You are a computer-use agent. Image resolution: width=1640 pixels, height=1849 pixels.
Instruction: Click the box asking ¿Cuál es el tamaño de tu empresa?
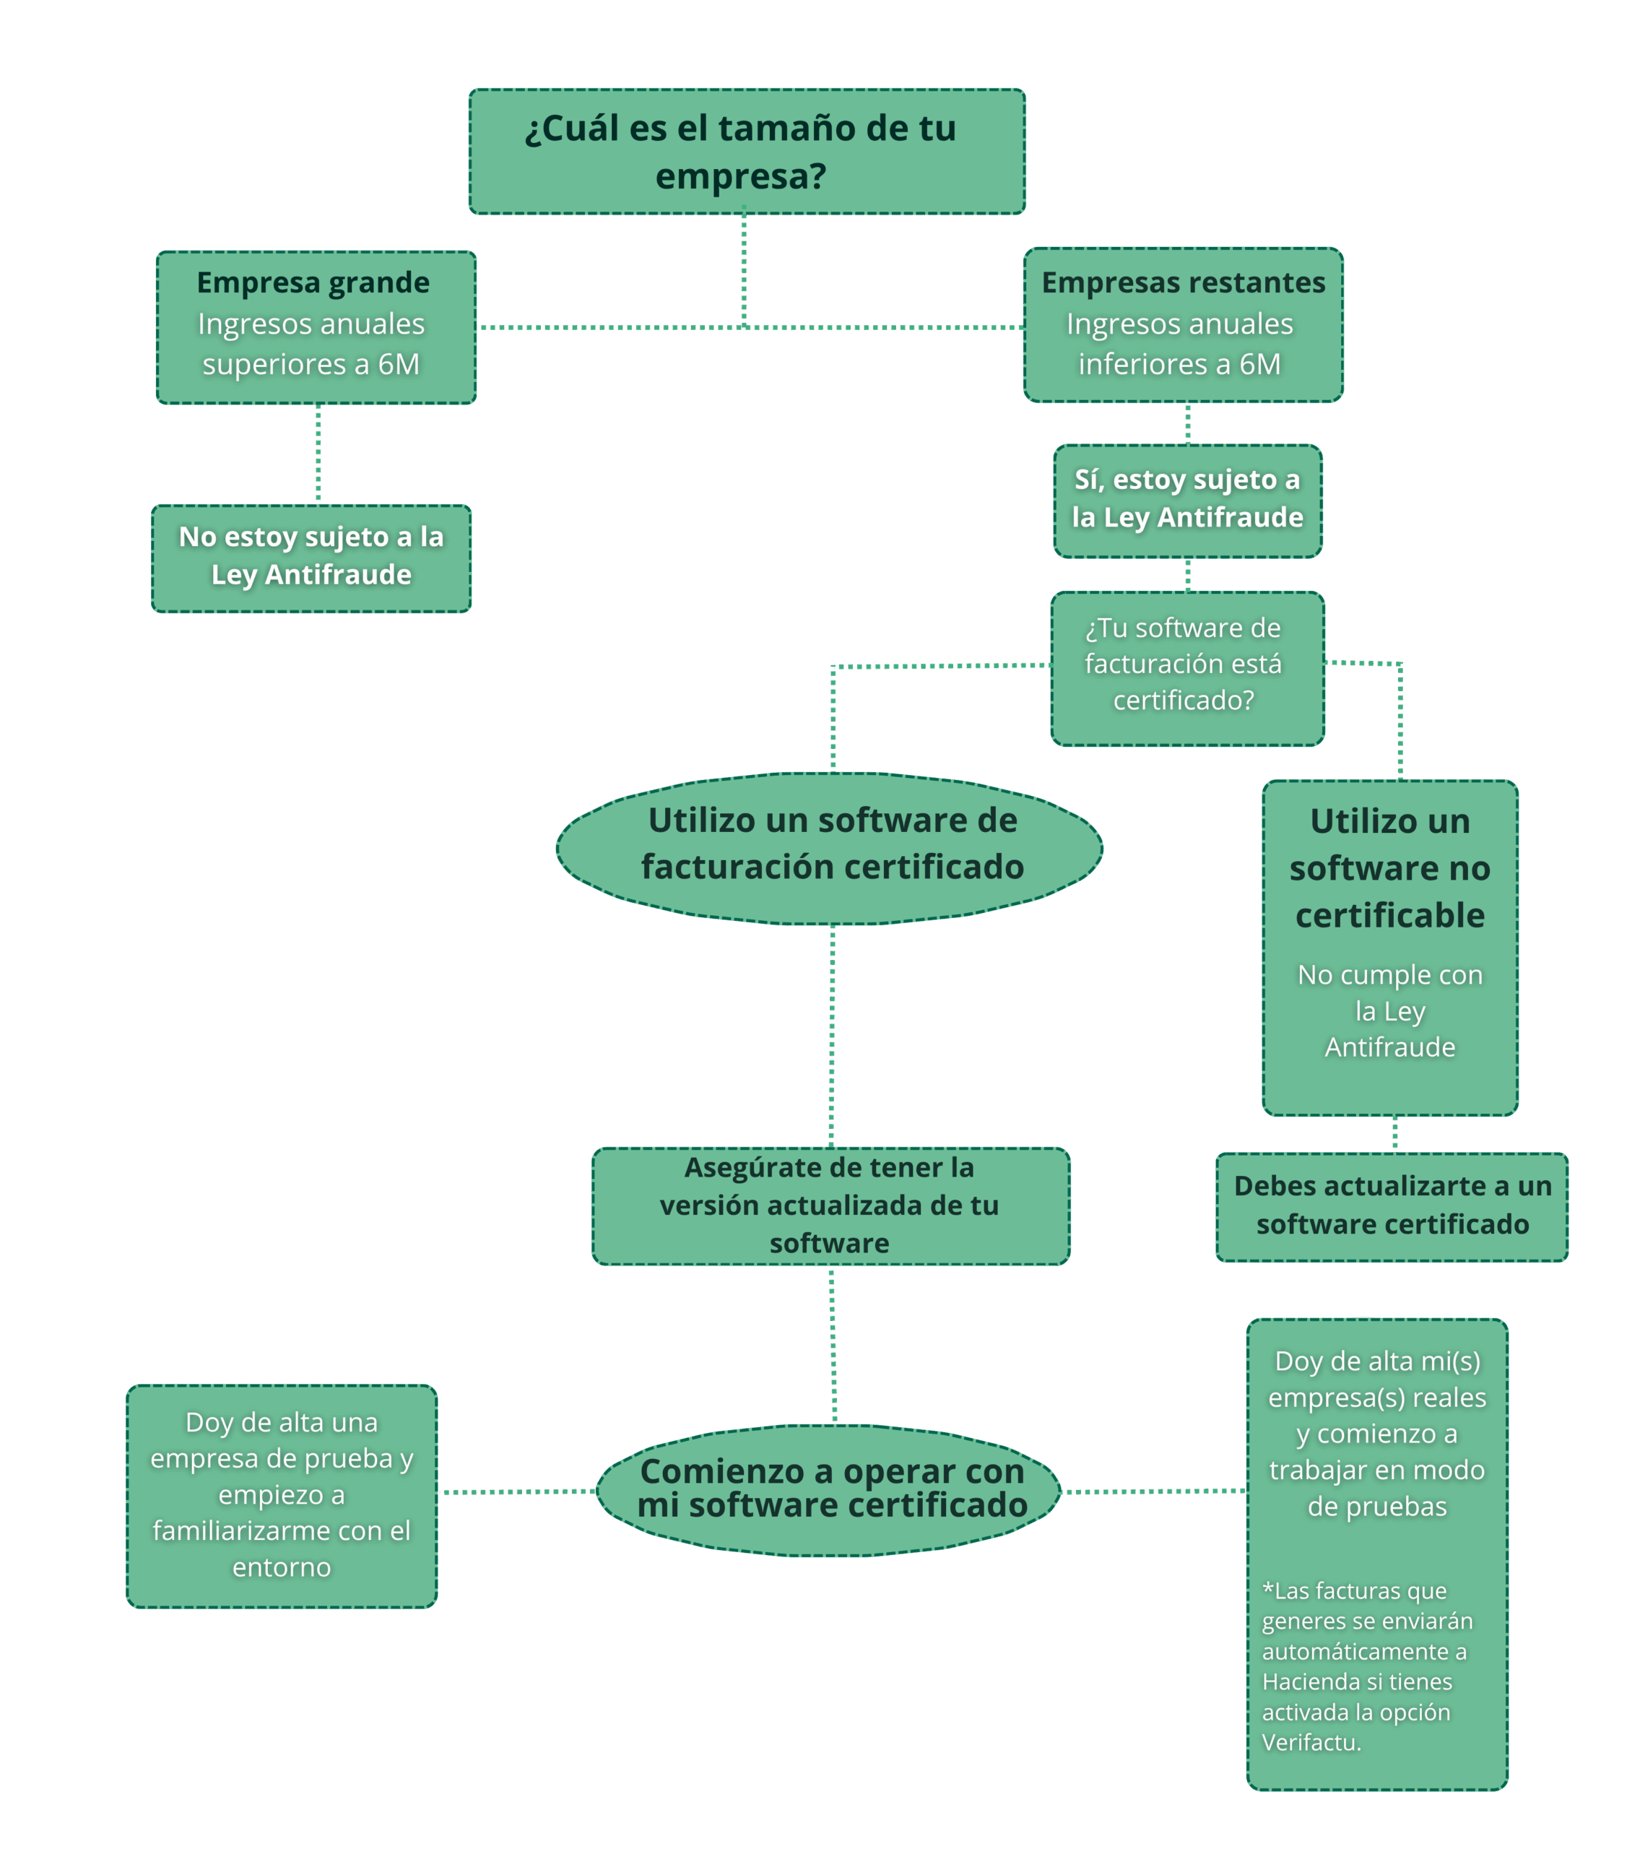tap(746, 151)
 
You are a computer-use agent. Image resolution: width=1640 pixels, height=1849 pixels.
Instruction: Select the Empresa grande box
tap(316, 326)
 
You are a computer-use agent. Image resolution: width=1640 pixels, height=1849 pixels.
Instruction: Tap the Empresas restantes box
tap(1182, 324)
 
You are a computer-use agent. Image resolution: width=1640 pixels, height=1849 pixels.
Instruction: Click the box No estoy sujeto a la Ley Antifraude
tap(311, 558)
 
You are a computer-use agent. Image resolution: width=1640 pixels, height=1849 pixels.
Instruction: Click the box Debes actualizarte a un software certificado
tap(1392, 1206)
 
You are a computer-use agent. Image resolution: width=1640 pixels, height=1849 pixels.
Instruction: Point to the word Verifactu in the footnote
tap(1310, 1741)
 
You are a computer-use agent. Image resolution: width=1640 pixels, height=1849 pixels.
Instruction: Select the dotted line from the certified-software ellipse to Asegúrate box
tap(831, 1036)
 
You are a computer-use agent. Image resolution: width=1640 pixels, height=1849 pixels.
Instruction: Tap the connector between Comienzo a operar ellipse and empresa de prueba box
tap(516, 1491)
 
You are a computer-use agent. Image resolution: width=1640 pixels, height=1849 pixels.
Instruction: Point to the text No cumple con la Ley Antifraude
tap(1389, 1010)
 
